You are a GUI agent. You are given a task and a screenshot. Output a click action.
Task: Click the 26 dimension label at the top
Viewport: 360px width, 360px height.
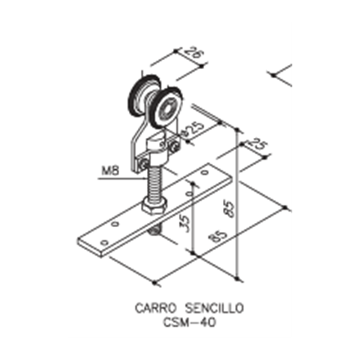[x=194, y=55]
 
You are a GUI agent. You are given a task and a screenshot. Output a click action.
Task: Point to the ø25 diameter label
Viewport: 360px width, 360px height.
[x=192, y=130]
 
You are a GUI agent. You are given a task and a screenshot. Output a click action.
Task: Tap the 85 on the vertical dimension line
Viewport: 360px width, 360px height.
[x=230, y=209]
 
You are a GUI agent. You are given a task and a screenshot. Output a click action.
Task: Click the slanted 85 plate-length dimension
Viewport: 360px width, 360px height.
[x=219, y=235]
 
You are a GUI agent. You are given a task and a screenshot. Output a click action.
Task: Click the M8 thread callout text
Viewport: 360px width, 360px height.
[x=110, y=171]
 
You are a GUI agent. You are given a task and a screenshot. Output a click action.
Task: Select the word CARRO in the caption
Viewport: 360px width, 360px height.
[x=156, y=308]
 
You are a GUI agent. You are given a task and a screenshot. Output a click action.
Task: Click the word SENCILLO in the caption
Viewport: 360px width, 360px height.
[x=214, y=308]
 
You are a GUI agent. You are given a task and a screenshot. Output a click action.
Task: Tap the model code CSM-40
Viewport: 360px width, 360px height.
[x=189, y=323]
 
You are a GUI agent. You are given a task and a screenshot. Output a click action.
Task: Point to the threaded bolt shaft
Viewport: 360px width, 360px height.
[x=154, y=183]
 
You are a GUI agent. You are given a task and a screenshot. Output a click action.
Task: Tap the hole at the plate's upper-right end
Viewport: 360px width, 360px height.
[x=205, y=172]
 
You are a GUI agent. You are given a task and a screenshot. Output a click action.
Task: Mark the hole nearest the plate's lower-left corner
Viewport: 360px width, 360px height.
[x=105, y=243]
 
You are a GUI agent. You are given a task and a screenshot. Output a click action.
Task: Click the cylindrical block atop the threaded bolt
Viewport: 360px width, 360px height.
[x=156, y=149]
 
